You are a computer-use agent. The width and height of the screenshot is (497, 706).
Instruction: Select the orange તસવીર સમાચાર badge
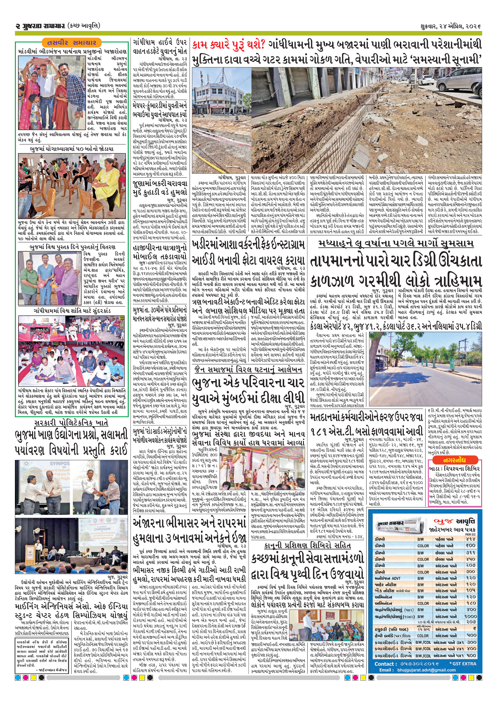pos(71,42)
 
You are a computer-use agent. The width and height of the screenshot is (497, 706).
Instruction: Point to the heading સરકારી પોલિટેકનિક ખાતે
pos(71,422)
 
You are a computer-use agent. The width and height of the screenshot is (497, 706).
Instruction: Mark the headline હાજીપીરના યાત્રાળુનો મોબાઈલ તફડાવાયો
pos(160,252)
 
